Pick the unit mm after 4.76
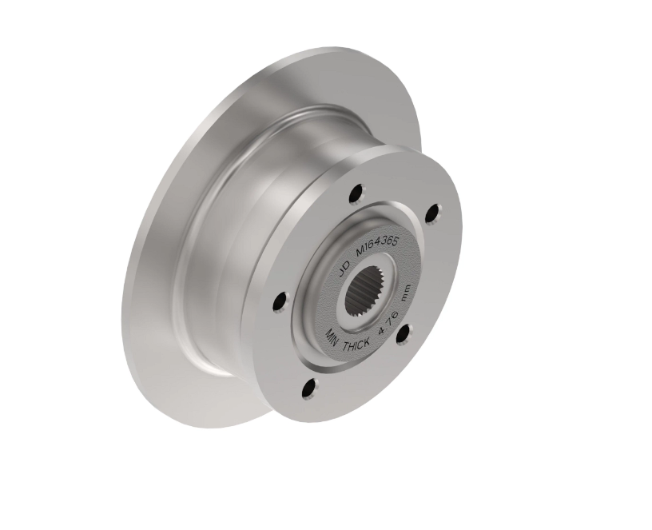click(x=405, y=293)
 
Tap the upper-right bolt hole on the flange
click(x=434, y=213)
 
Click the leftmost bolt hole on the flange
click(x=281, y=301)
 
